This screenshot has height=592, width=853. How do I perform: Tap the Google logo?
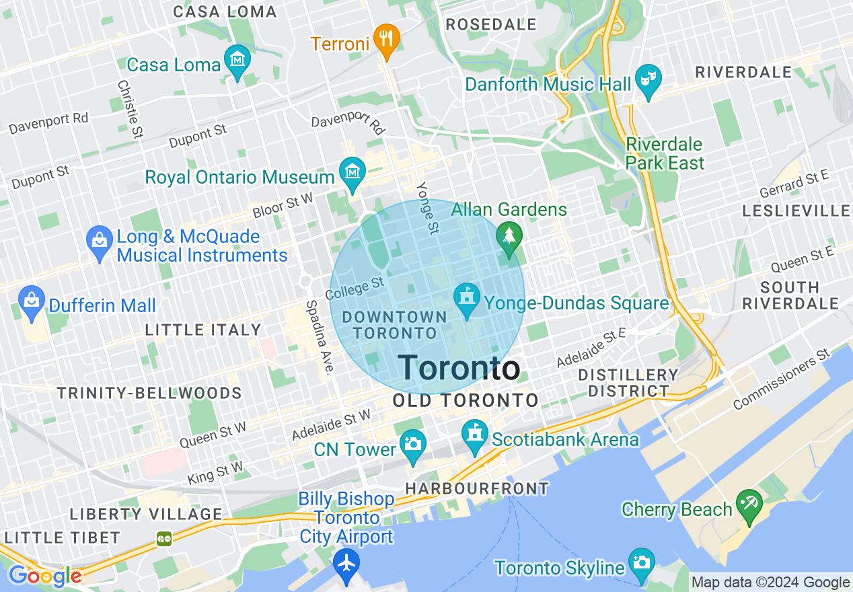44,577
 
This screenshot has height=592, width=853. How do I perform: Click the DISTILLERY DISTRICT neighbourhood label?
628,383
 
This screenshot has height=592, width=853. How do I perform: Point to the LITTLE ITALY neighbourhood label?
203,330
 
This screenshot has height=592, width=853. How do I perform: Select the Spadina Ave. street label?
320,336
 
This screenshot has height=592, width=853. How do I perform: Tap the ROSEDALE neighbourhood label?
491,24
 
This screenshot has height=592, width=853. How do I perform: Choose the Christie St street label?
130,109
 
